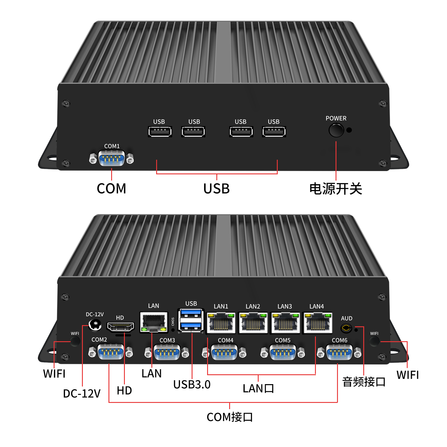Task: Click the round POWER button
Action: pos(336,130)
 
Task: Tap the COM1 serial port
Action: pos(111,158)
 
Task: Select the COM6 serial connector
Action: pos(339,352)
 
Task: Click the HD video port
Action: pos(120,327)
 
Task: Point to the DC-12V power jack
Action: pos(95,325)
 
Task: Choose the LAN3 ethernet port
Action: pos(285,323)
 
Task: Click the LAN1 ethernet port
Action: pos(221,323)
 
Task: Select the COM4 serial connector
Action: pos(224,352)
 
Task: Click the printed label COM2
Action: pos(99,340)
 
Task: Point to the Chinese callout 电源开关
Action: pos(336,189)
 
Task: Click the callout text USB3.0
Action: pos(192,384)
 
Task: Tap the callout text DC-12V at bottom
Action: pos(82,394)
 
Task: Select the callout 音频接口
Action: pos(364,382)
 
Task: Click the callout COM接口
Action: pos(229,417)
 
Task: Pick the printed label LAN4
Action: pos(316,306)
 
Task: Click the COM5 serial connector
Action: pos(283,352)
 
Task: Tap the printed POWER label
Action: pos(336,118)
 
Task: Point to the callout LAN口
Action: pos(258,388)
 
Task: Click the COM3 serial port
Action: pos(167,352)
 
